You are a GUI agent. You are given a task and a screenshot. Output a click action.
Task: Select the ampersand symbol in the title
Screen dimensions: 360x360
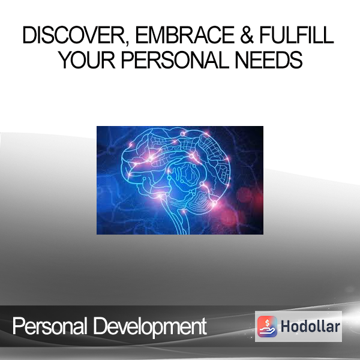coord(247,35)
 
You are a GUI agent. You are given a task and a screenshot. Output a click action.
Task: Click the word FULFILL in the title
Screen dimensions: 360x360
coord(296,35)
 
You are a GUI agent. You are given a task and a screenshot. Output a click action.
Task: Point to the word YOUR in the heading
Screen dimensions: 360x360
coord(86,59)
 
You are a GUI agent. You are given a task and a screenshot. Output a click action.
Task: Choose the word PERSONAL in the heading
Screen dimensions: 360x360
coord(175,59)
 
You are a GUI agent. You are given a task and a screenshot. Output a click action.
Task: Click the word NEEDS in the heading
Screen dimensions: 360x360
coord(269,59)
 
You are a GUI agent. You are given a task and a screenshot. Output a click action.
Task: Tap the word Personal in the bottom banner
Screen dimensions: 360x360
coord(50,326)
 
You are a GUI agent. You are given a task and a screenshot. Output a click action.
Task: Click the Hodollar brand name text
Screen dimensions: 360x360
coord(310,326)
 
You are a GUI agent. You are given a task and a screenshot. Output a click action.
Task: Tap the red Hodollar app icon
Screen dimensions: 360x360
coord(267,326)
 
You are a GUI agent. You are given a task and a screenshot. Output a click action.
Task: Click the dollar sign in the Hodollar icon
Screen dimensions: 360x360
coord(267,323)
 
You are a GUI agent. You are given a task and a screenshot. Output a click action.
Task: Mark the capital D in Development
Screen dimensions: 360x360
coord(100,326)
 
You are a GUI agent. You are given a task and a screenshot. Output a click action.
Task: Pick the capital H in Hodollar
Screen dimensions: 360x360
coord(285,326)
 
